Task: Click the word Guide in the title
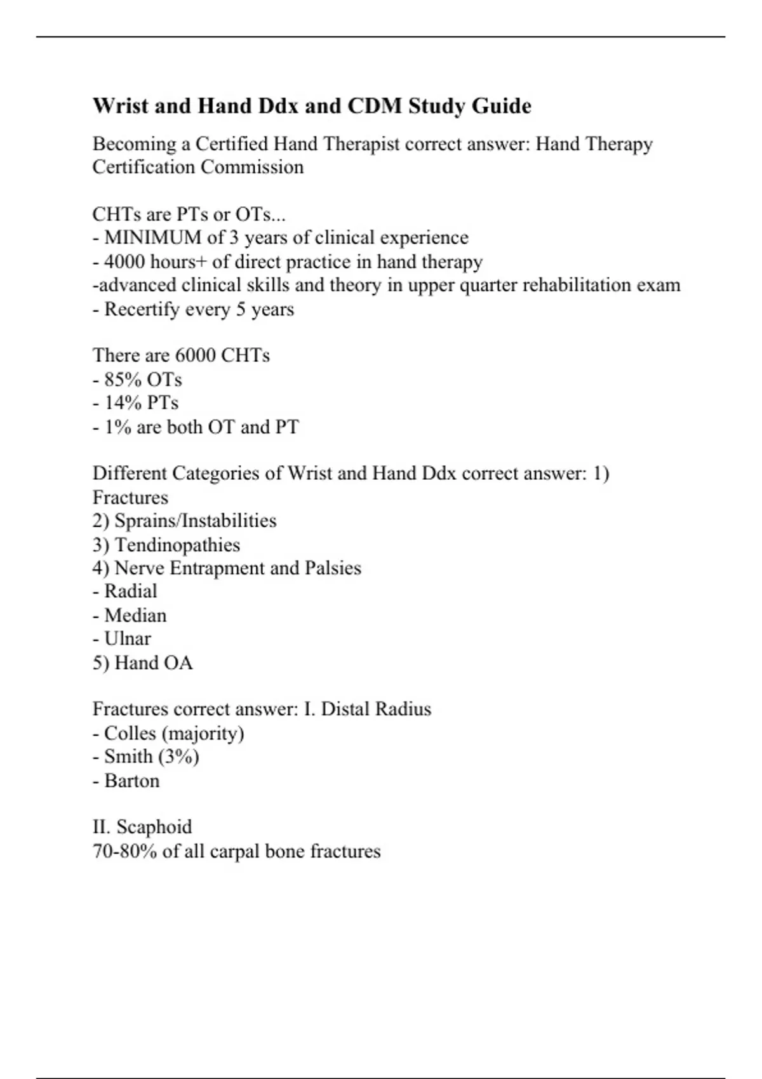coord(501,106)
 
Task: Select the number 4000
coord(124,261)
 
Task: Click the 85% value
coord(123,380)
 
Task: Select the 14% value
coord(123,403)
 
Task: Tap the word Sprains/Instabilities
coord(196,520)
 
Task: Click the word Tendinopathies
coord(177,545)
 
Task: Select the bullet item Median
coord(135,615)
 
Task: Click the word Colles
coord(130,733)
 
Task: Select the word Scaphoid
coord(154,827)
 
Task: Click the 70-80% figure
coord(124,851)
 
